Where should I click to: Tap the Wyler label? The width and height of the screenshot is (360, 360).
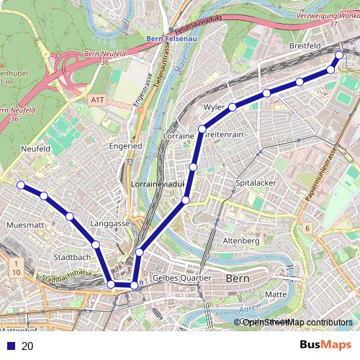(x=215, y=107)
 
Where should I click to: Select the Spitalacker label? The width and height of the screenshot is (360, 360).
(x=256, y=183)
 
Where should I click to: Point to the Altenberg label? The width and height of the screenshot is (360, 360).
(x=240, y=240)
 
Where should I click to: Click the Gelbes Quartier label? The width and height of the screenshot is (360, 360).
(x=181, y=278)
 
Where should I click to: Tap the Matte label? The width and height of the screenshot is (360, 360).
(x=276, y=294)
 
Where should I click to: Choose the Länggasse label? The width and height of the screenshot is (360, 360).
(x=110, y=223)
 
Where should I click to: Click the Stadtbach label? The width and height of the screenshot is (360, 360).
(x=72, y=257)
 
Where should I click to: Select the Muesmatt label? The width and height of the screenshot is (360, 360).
(x=25, y=225)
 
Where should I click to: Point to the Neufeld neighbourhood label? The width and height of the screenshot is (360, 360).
(x=35, y=148)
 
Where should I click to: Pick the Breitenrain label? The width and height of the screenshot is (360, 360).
(x=226, y=135)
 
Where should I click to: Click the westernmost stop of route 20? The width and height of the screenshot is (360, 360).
(x=21, y=185)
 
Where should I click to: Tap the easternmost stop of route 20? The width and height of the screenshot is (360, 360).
(x=339, y=55)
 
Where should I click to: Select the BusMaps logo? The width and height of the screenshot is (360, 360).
(x=325, y=345)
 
